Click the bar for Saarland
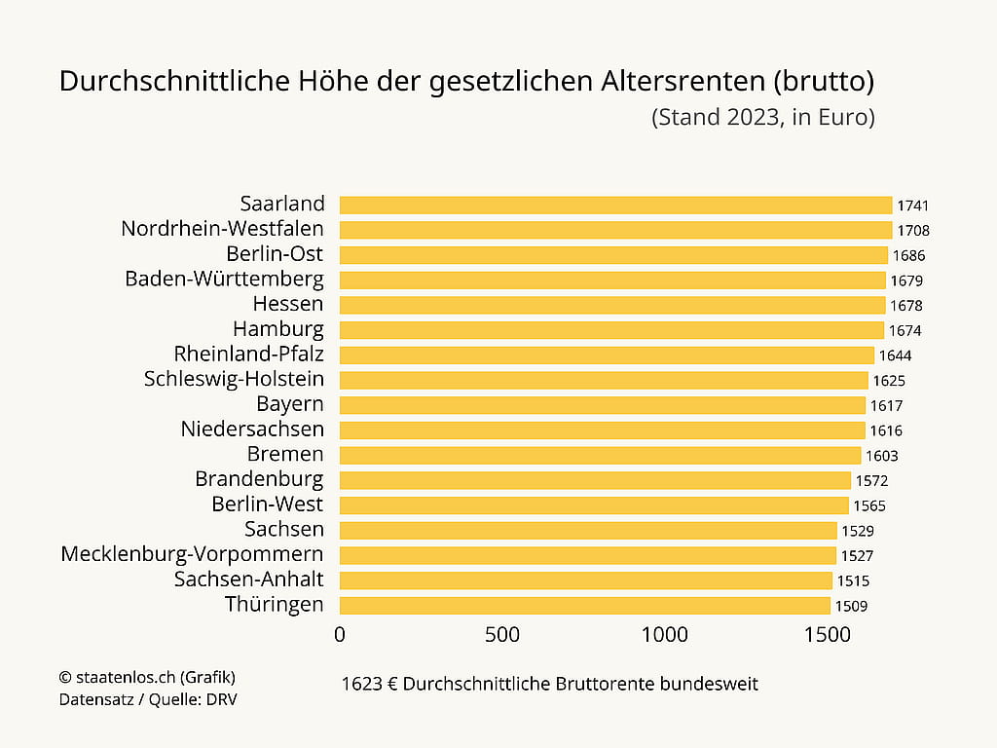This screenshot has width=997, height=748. click(615, 205)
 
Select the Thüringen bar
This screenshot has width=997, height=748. click(584, 606)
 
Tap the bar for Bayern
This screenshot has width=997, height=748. click(602, 405)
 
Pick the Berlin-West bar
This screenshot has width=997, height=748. click(594, 505)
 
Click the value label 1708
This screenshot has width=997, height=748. click(913, 231)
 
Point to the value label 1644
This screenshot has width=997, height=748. click(895, 355)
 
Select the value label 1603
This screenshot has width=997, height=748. click(881, 456)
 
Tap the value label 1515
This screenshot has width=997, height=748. click(853, 581)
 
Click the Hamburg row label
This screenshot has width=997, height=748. click(278, 329)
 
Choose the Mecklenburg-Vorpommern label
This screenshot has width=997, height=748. click(192, 554)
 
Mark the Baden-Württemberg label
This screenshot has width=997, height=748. click(224, 279)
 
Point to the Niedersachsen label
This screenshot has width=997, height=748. click(252, 430)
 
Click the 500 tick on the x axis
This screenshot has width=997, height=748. click(502, 635)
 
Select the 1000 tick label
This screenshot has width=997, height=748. click(665, 635)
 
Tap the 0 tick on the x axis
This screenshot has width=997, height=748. click(340, 635)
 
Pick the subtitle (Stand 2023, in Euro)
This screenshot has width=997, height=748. click(762, 118)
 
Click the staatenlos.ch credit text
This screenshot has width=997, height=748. click(147, 677)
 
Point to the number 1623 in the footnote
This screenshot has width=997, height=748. click(361, 684)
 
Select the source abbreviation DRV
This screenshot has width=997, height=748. click(220, 699)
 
